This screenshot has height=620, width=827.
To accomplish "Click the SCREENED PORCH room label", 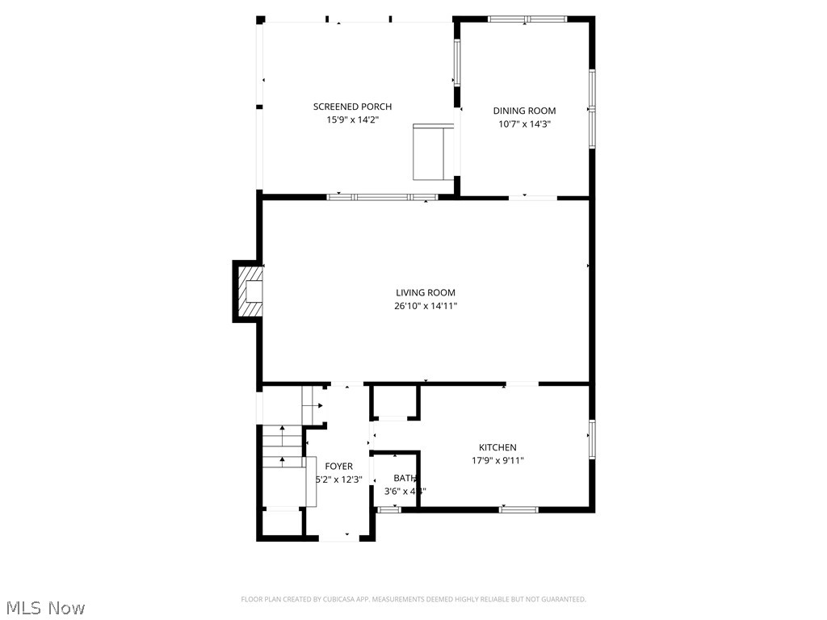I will [352, 107].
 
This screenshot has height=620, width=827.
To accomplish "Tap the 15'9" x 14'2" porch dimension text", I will [352, 119].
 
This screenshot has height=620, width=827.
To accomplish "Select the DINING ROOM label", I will [524, 111].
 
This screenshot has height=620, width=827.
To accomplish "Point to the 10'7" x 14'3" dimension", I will [524, 124].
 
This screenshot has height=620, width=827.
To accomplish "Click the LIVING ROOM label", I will [425, 293].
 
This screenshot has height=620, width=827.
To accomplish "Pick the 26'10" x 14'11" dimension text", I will [425, 306].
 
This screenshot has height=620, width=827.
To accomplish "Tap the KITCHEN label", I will [497, 447].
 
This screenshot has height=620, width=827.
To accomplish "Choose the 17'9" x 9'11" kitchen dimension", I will [497, 461].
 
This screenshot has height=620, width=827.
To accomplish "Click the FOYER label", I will [338, 466].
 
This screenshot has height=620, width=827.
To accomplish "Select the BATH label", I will [404, 478].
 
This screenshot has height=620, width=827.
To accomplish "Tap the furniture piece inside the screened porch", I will [433, 152].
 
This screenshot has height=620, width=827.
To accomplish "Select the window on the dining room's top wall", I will [527, 19].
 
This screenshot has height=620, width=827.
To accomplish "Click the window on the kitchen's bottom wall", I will [518, 509].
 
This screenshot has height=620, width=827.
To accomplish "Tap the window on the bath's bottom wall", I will [389, 509].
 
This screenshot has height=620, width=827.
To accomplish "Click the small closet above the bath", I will [395, 401].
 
